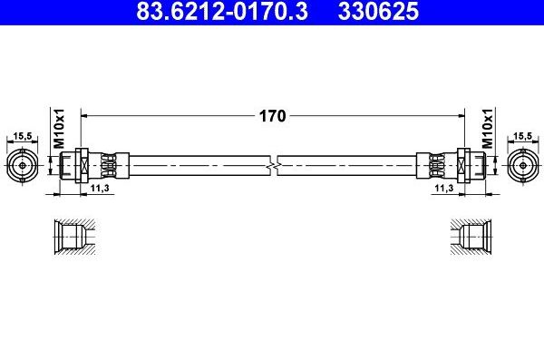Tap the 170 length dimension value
[x=273, y=115]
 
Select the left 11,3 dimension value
[x=100, y=188]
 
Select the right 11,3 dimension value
[x=443, y=188]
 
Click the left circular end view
[x=22, y=165]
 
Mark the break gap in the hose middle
[x=273, y=165]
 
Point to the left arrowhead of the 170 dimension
[x=85, y=115]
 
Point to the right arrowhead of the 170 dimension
[x=459, y=115]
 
